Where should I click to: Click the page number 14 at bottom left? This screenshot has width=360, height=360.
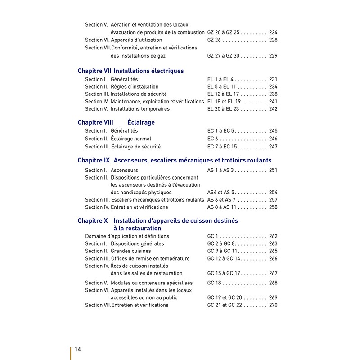pos(78,349)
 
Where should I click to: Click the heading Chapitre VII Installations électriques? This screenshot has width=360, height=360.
pos(130,71)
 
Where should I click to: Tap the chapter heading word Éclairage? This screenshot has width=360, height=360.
pos(141,122)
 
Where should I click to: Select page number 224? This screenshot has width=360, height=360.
pos(273,32)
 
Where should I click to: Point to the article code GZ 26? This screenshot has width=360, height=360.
pos(214,40)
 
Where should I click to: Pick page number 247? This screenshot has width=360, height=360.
pos(273,147)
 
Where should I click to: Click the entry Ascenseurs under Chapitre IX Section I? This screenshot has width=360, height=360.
pos(124,170)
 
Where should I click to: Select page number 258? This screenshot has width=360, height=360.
pos(273,207)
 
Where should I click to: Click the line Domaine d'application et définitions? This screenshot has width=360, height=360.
pos(127,236)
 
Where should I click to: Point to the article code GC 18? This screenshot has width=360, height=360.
pos(214,283)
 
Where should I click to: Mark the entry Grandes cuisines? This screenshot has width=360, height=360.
pos(131,251)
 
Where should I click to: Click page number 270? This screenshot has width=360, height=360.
pos(273,305)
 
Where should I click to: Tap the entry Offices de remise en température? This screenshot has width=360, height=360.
pos(150,259)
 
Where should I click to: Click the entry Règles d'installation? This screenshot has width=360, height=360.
pos(135,86)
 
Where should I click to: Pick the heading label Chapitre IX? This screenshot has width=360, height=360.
pos(94,160)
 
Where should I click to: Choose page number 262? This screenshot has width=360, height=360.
pos(273,236)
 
